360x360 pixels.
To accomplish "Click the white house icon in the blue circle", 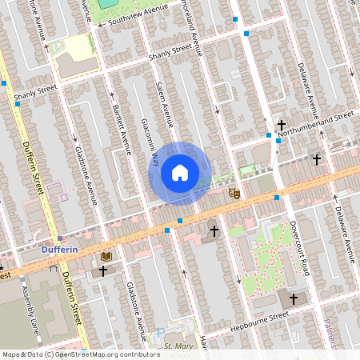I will [x=180, y=172].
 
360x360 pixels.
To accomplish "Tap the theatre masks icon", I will [x=234, y=193].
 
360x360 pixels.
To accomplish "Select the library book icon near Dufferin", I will [x=106, y=256].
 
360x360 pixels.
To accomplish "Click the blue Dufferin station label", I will [x=58, y=250].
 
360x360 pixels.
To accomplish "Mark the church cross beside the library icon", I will [x=102, y=271].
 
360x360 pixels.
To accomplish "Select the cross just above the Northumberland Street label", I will [x=282, y=124].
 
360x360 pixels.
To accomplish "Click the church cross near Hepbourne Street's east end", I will [x=293, y=298].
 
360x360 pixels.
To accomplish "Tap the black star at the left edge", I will [x=2, y=267].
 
